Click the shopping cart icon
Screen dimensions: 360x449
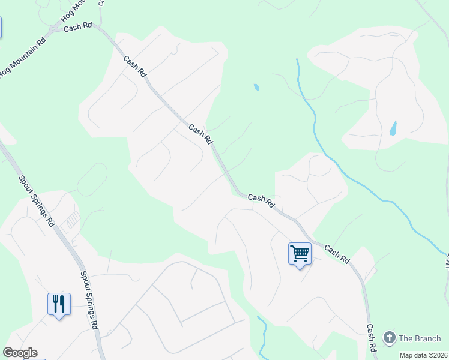300,253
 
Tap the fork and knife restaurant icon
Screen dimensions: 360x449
59,304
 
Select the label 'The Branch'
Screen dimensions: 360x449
420,338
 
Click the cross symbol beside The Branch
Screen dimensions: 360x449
390,338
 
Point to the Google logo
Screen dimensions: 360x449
20,353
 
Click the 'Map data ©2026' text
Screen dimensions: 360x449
424,355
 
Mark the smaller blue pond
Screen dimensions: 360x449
257,88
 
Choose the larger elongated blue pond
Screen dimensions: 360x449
393,128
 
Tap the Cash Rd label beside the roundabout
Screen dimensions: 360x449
77,27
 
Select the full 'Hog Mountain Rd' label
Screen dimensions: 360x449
23,58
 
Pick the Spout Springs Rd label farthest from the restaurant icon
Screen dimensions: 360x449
37,200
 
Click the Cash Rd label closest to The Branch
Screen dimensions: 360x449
372,338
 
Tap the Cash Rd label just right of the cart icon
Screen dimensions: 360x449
337,253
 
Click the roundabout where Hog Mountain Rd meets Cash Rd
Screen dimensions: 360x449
55,29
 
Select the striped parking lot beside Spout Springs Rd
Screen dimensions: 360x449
72,220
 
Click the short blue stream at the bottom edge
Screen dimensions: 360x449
262,336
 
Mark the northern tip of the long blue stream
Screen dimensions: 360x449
297,60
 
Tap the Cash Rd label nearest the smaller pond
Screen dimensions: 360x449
200,134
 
